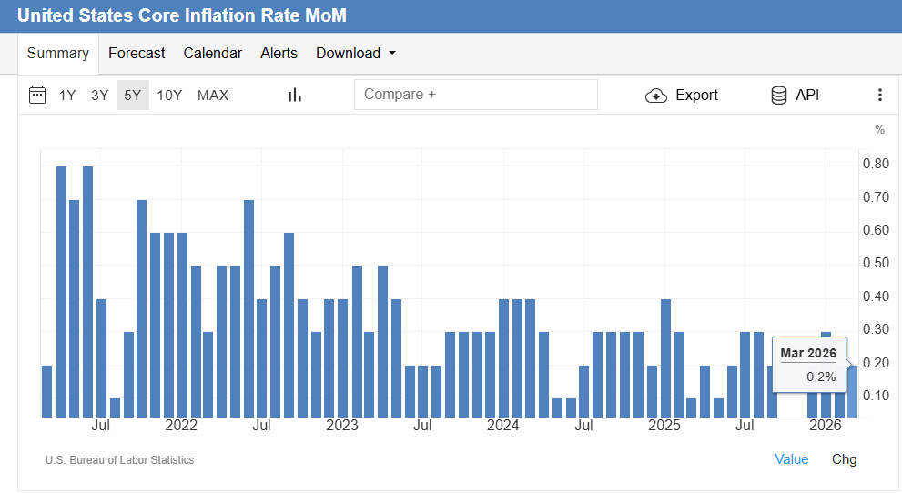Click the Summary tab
pyautogui.click(x=58, y=54)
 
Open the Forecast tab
pyautogui.click(x=137, y=54)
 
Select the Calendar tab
pyautogui.click(x=213, y=54)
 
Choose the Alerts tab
pyautogui.click(x=279, y=54)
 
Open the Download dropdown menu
pyautogui.click(x=356, y=54)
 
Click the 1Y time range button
pyautogui.click(x=67, y=96)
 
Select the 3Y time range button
pyautogui.click(x=100, y=96)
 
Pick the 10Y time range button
pyautogui.click(x=169, y=96)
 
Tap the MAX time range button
pyautogui.click(x=213, y=96)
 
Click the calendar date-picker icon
pyautogui.click(x=37, y=96)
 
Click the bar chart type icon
pyautogui.click(x=294, y=96)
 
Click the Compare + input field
pyautogui.click(x=475, y=95)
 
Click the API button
pyautogui.click(x=795, y=96)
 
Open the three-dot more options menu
pyautogui.click(x=879, y=96)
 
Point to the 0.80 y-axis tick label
pyautogui.click(x=876, y=165)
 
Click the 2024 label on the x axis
pyautogui.click(x=503, y=426)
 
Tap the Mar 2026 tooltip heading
pyautogui.click(x=808, y=353)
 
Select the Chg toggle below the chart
pyautogui.click(x=844, y=459)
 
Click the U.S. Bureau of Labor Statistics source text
pyautogui.click(x=119, y=460)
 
